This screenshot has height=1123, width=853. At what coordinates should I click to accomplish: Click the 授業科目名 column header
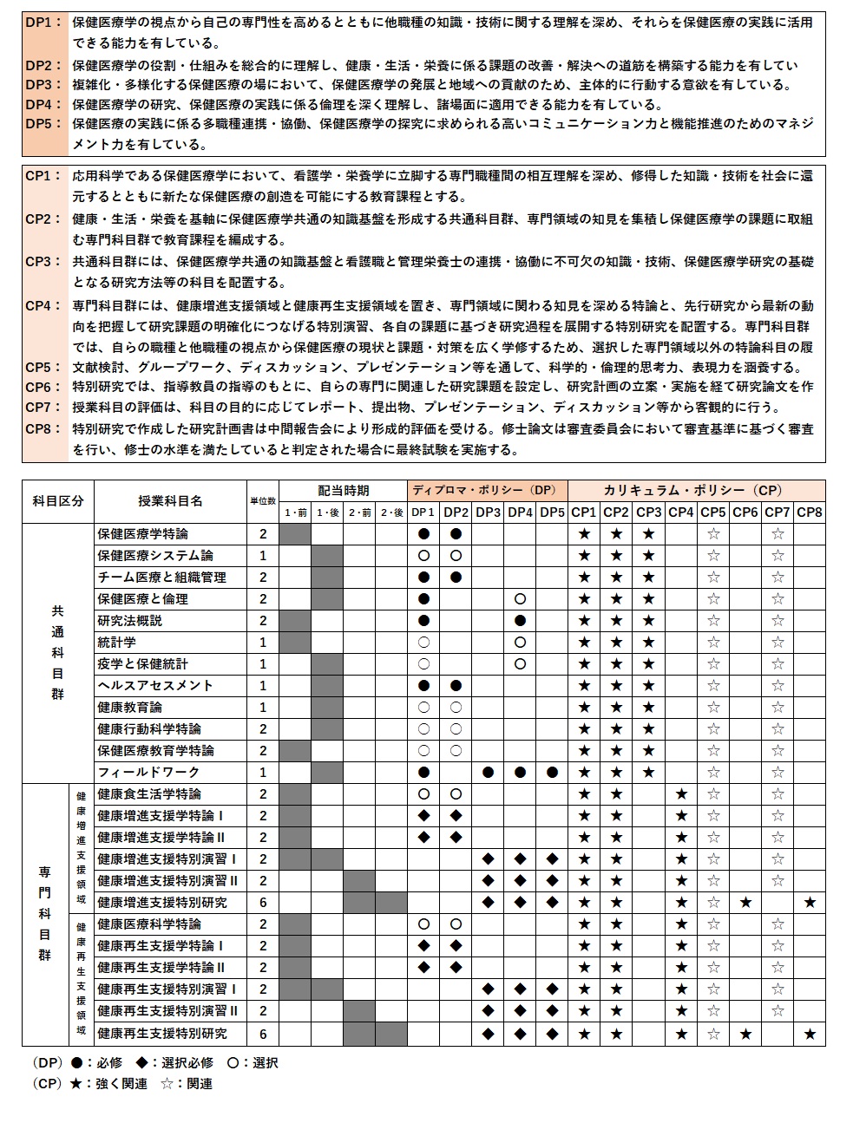(170, 501)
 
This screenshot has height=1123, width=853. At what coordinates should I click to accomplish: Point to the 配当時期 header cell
(343, 490)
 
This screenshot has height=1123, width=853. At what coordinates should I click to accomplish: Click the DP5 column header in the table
(552, 513)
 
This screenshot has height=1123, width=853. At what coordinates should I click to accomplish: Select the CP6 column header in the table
(745, 513)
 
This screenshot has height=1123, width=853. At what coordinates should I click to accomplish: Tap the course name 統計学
(117, 643)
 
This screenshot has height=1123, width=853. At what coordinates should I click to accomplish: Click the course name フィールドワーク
(136, 773)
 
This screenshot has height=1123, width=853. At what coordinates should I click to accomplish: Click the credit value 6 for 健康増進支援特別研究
(263, 903)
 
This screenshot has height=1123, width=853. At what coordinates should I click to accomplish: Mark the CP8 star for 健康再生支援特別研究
(810, 1034)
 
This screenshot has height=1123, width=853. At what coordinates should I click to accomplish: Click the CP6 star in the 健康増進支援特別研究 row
(745, 903)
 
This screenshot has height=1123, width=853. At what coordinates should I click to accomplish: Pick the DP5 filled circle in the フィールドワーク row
(552, 773)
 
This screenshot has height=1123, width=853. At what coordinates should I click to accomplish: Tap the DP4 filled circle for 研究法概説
(520, 621)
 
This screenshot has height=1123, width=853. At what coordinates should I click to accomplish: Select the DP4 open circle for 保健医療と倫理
(520, 599)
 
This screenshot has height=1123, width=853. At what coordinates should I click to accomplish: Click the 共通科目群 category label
(58, 653)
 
